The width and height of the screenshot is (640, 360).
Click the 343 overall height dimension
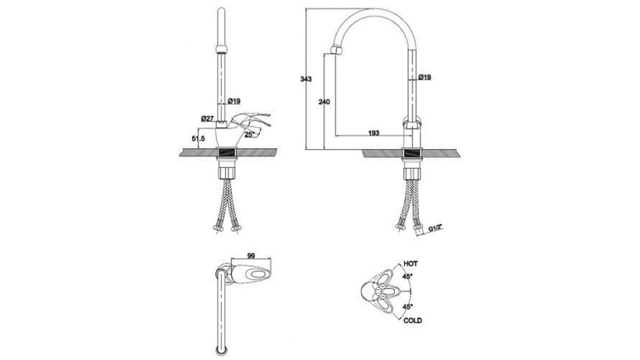pyautogui.click(x=306, y=79)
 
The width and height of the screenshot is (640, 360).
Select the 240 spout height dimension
pyautogui.click(x=324, y=102)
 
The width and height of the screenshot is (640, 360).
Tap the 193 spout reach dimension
pyautogui.click(x=373, y=132)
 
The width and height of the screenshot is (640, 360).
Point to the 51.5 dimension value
pyautogui.click(x=199, y=138)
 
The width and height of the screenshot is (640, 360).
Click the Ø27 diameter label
pyautogui.click(x=207, y=118)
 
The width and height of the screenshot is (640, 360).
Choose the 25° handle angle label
pyautogui.click(x=249, y=133)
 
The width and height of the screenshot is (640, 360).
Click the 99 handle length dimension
pyautogui.click(x=251, y=256)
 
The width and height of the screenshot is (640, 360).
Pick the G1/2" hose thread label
pyautogui.click(x=436, y=228)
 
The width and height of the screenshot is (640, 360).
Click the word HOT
pyautogui.click(x=411, y=264)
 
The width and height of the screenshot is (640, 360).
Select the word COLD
pyautogui.click(x=412, y=320)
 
